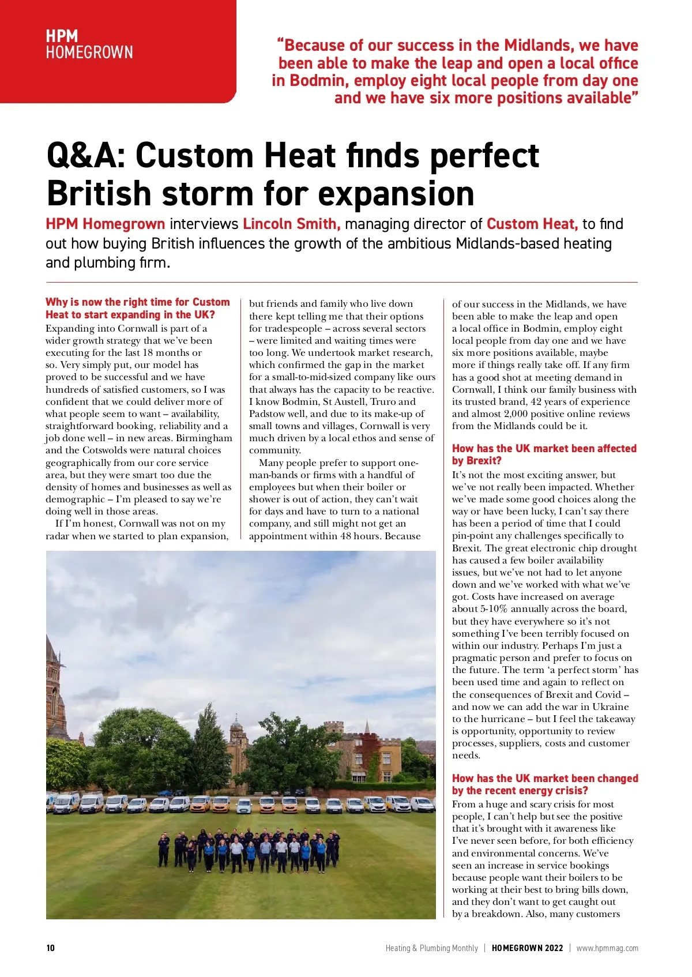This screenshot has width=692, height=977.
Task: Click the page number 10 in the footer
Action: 51,948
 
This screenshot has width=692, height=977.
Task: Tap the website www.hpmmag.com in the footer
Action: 607,948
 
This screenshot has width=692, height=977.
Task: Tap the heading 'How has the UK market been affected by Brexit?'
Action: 544,454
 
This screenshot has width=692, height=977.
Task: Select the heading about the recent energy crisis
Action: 545,784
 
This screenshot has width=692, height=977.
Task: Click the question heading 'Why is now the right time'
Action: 137,308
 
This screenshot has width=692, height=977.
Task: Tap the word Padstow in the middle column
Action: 267,414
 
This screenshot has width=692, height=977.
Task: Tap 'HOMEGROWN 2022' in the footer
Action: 527,948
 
